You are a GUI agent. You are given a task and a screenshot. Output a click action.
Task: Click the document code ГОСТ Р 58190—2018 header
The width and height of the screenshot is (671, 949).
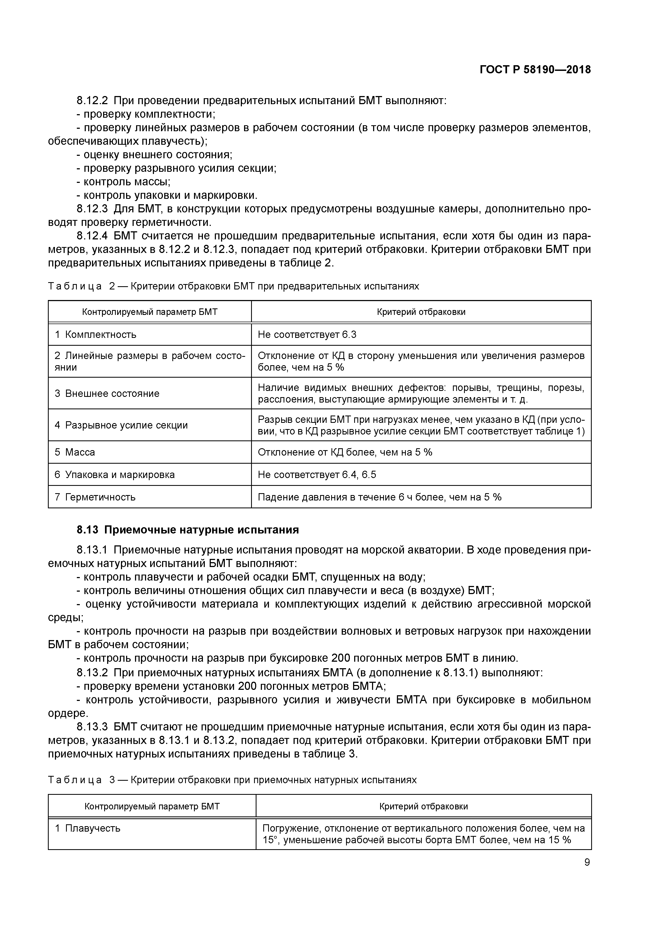[535, 70]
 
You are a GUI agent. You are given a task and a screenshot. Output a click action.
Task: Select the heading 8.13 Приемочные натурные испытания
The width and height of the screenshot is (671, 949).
[188, 530]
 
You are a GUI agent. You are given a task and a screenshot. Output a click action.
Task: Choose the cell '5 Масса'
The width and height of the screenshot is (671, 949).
[75, 452]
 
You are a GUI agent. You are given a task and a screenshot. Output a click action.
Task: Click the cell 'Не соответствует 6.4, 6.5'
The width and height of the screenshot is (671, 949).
[317, 475]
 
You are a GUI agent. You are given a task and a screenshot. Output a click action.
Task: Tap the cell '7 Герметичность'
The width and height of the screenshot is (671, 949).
[95, 497]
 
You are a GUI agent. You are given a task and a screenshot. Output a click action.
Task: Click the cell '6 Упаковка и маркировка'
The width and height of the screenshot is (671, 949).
[114, 475]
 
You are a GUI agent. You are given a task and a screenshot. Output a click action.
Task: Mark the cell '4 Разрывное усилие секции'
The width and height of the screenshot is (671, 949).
[121, 425]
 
